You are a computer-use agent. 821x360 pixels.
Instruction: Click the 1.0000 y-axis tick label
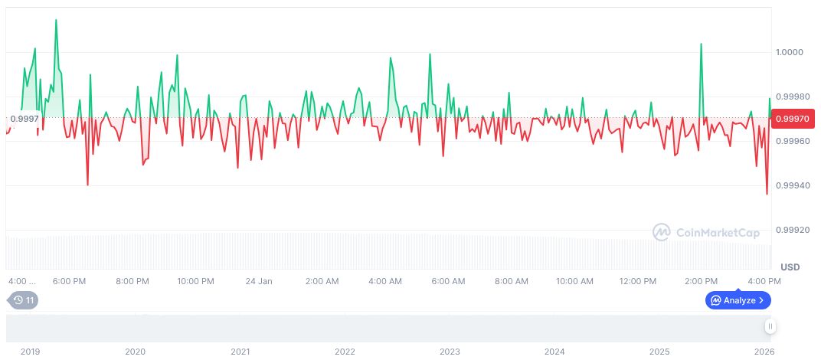pyautogui.click(x=790, y=52)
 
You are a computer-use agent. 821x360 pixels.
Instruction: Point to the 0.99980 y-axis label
pyautogui.click(x=792, y=97)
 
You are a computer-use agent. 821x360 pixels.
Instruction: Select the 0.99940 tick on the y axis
pyautogui.click(x=792, y=185)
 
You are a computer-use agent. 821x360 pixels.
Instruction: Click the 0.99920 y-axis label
pyautogui.click(x=792, y=230)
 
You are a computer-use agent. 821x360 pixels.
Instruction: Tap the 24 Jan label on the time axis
pyautogui.click(x=259, y=281)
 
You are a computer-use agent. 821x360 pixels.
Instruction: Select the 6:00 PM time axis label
pyautogui.click(x=69, y=281)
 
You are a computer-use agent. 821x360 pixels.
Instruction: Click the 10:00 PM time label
pyautogui.click(x=195, y=281)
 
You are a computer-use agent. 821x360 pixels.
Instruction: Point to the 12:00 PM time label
pyautogui.click(x=638, y=281)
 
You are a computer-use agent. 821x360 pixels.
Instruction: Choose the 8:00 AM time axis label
pyautogui.click(x=511, y=281)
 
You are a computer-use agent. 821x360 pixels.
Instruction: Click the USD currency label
pyautogui.click(x=790, y=267)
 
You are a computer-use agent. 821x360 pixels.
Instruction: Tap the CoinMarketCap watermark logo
pyautogui.click(x=706, y=231)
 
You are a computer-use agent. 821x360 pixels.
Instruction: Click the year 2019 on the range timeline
pyautogui.click(x=30, y=352)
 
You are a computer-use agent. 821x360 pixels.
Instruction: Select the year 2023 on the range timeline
pyautogui.click(x=450, y=352)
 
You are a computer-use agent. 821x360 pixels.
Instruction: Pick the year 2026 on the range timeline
pyautogui.click(x=765, y=352)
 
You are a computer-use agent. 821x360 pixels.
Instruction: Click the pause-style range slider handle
pyautogui.click(x=770, y=326)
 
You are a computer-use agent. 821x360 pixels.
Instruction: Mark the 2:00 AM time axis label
pyautogui.click(x=322, y=281)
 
